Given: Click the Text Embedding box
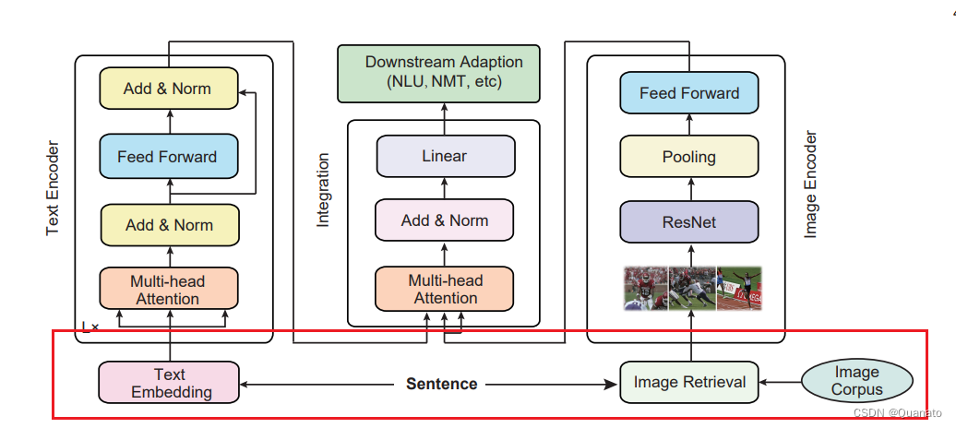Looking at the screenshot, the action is tap(169, 382).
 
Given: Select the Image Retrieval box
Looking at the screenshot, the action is tap(689, 382).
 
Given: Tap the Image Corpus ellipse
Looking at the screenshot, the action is tap(856, 380).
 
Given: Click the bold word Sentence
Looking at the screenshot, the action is tap(441, 384).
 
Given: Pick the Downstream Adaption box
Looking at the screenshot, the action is tap(439, 73).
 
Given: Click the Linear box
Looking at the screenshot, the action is tap(445, 156).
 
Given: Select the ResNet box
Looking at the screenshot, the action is tap(689, 221).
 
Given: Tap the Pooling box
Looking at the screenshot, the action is tap(689, 157).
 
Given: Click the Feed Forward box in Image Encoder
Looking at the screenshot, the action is tap(689, 92).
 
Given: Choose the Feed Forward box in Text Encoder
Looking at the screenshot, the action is tap(168, 156).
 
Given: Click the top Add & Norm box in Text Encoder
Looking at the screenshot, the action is tap(168, 89).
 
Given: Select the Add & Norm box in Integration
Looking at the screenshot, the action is tap(445, 220).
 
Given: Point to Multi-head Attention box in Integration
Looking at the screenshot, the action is tap(445, 289).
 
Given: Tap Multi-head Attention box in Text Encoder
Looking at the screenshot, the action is tap(169, 289).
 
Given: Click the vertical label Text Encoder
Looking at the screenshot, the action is tap(53, 188).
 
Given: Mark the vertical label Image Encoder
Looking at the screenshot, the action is tap(810, 184).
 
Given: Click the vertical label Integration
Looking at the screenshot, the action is tap(323, 190).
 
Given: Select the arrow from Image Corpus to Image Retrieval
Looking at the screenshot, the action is tap(780, 382).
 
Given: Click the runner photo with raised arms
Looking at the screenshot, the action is tap(739, 288).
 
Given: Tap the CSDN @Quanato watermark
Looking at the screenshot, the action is tap(897, 412).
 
